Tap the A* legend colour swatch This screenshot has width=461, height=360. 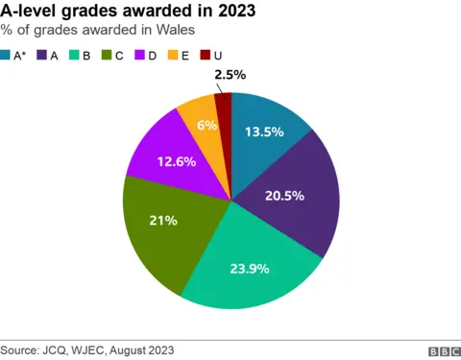(x=7, y=55)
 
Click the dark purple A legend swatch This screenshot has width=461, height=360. (x=45, y=55)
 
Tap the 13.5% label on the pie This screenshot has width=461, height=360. (x=264, y=132)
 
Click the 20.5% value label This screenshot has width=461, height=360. (x=284, y=195)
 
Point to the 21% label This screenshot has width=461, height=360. (x=162, y=221)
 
